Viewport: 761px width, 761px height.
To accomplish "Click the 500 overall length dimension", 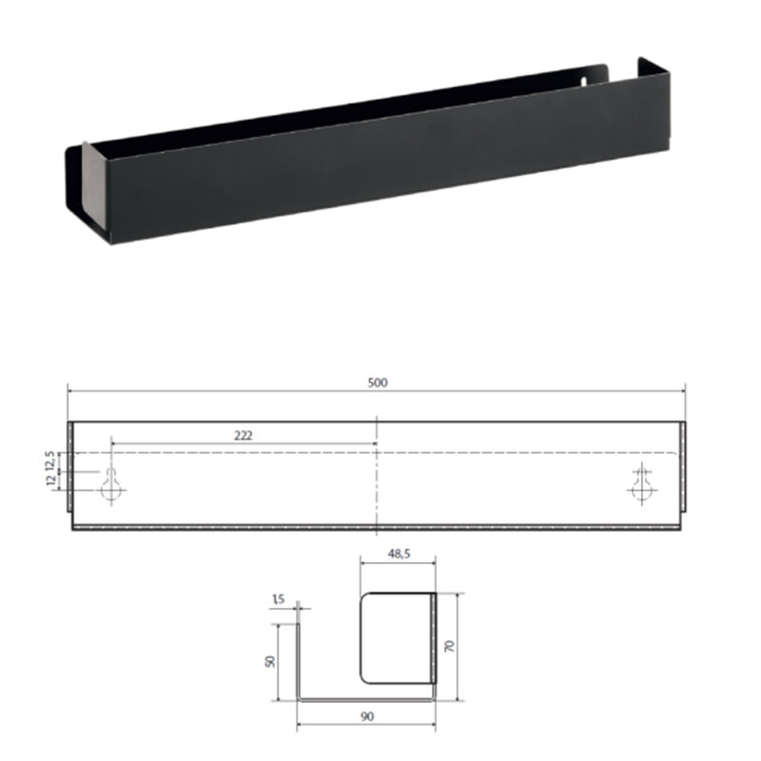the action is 377,383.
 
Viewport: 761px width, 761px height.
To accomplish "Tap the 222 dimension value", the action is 244,436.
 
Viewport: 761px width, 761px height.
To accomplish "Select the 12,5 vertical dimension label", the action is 49,460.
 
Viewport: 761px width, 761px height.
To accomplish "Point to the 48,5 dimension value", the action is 399,554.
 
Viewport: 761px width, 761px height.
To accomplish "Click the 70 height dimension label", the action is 449,646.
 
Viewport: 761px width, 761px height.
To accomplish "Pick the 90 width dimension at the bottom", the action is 367,716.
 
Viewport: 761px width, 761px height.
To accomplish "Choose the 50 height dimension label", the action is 270,661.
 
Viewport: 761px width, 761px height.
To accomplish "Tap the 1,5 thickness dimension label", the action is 278,600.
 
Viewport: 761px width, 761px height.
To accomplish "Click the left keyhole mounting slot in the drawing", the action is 111,485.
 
